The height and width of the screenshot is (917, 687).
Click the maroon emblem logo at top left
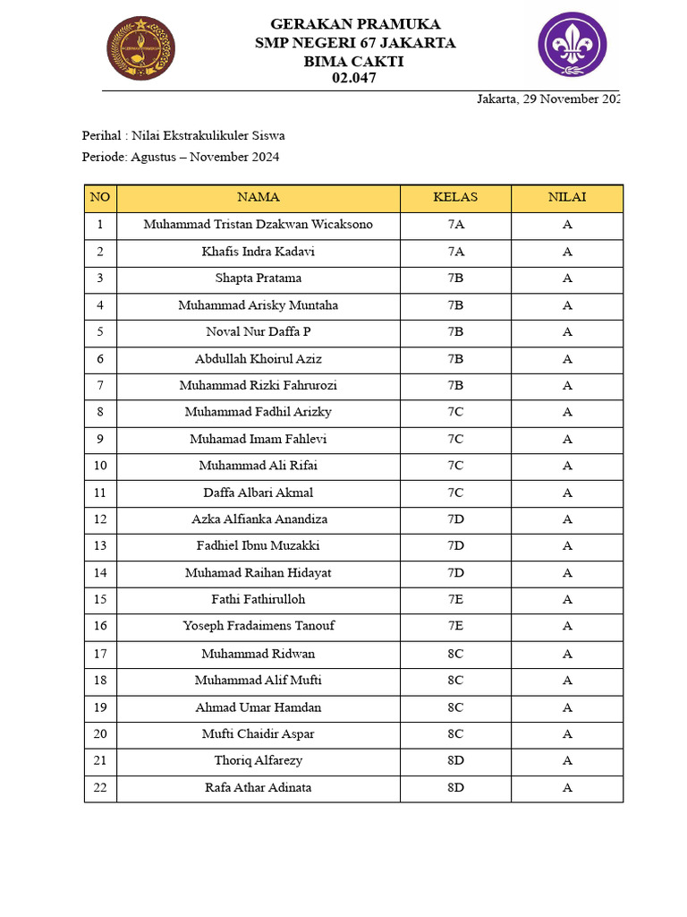(x=140, y=48)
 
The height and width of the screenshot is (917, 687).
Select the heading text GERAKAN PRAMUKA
(x=354, y=24)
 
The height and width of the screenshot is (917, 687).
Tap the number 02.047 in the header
(x=354, y=78)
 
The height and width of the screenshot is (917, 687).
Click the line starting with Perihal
(x=183, y=136)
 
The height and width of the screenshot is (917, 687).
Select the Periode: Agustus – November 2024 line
(x=181, y=158)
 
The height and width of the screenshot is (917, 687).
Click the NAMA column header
(x=258, y=198)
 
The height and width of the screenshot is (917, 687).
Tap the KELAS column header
(x=455, y=198)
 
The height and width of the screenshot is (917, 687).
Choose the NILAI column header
(x=567, y=198)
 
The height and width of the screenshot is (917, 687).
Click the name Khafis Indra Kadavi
(x=258, y=252)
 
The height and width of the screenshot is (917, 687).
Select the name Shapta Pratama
(x=258, y=279)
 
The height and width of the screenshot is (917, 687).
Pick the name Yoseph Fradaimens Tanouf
(x=258, y=626)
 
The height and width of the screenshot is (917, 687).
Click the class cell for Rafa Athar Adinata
(x=455, y=788)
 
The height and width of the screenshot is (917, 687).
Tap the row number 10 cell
(x=100, y=466)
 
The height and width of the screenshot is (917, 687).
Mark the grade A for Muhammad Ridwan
(x=567, y=654)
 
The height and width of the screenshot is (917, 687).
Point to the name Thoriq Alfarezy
(x=258, y=761)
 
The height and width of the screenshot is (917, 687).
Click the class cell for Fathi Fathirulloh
(x=455, y=599)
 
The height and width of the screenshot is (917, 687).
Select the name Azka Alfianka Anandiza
(x=258, y=519)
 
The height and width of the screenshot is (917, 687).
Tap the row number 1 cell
(x=100, y=225)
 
